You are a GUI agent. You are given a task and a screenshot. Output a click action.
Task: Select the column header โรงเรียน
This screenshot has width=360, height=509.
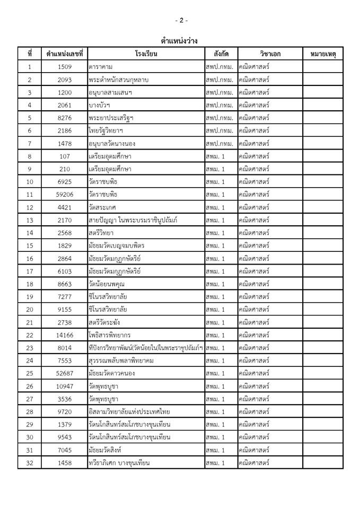pos(146,54)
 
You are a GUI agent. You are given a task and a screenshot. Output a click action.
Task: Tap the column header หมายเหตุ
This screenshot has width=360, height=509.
pos(323,54)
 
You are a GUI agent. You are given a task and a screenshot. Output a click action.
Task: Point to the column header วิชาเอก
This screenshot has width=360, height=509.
pos(270,54)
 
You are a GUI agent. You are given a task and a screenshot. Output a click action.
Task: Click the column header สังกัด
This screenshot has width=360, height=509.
pos(221,54)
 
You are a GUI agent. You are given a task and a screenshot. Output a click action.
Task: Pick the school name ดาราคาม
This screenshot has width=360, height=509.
pos(101,67)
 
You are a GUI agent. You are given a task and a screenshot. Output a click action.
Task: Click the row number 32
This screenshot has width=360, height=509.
pos(30,463)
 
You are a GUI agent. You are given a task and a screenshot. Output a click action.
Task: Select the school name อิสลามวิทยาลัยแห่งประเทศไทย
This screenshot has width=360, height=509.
pos(129,412)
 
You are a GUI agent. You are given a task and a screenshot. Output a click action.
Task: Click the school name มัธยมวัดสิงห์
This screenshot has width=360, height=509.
pos(106,450)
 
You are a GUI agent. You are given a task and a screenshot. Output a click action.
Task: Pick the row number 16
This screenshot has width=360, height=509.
pos(30,258)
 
